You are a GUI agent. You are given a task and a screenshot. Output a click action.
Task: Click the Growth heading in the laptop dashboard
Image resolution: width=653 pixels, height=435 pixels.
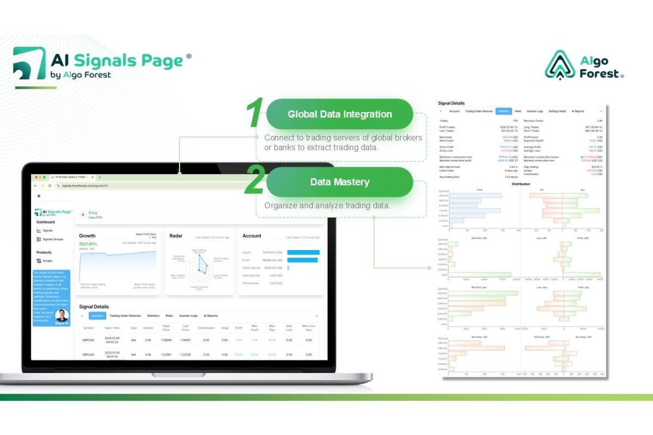(x=87, y=236)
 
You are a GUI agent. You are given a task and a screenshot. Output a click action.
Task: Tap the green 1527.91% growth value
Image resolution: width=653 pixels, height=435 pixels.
(x=88, y=244)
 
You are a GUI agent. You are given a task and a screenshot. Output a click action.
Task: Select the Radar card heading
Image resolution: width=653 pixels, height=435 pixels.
(x=175, y=236)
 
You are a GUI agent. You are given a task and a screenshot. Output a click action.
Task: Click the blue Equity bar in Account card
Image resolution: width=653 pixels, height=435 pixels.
(x=303, y=252)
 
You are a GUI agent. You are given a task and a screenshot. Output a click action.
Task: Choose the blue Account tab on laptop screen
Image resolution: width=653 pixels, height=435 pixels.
(x=97, y=315)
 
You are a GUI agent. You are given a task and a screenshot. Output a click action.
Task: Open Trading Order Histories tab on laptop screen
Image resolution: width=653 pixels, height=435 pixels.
(x=125, y=315)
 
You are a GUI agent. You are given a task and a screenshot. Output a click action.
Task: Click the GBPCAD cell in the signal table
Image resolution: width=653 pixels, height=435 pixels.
(x=89, y=340)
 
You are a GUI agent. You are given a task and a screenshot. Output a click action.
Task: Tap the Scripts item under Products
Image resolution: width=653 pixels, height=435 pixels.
(x=48, y=260)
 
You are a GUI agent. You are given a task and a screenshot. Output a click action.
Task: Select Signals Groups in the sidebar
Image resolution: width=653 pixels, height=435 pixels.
(x=53, y=239)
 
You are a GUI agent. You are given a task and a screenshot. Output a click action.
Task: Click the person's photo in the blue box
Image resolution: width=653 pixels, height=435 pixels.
(x=62, y=315)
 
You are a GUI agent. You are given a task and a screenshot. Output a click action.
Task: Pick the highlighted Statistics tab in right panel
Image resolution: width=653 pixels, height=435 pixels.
(x=503, y=111)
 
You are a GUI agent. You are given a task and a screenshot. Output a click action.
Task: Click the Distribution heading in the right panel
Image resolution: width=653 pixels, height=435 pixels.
(x=521, y=184)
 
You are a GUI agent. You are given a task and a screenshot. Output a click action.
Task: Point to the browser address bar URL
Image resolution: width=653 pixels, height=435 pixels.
(x=81, y=185)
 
